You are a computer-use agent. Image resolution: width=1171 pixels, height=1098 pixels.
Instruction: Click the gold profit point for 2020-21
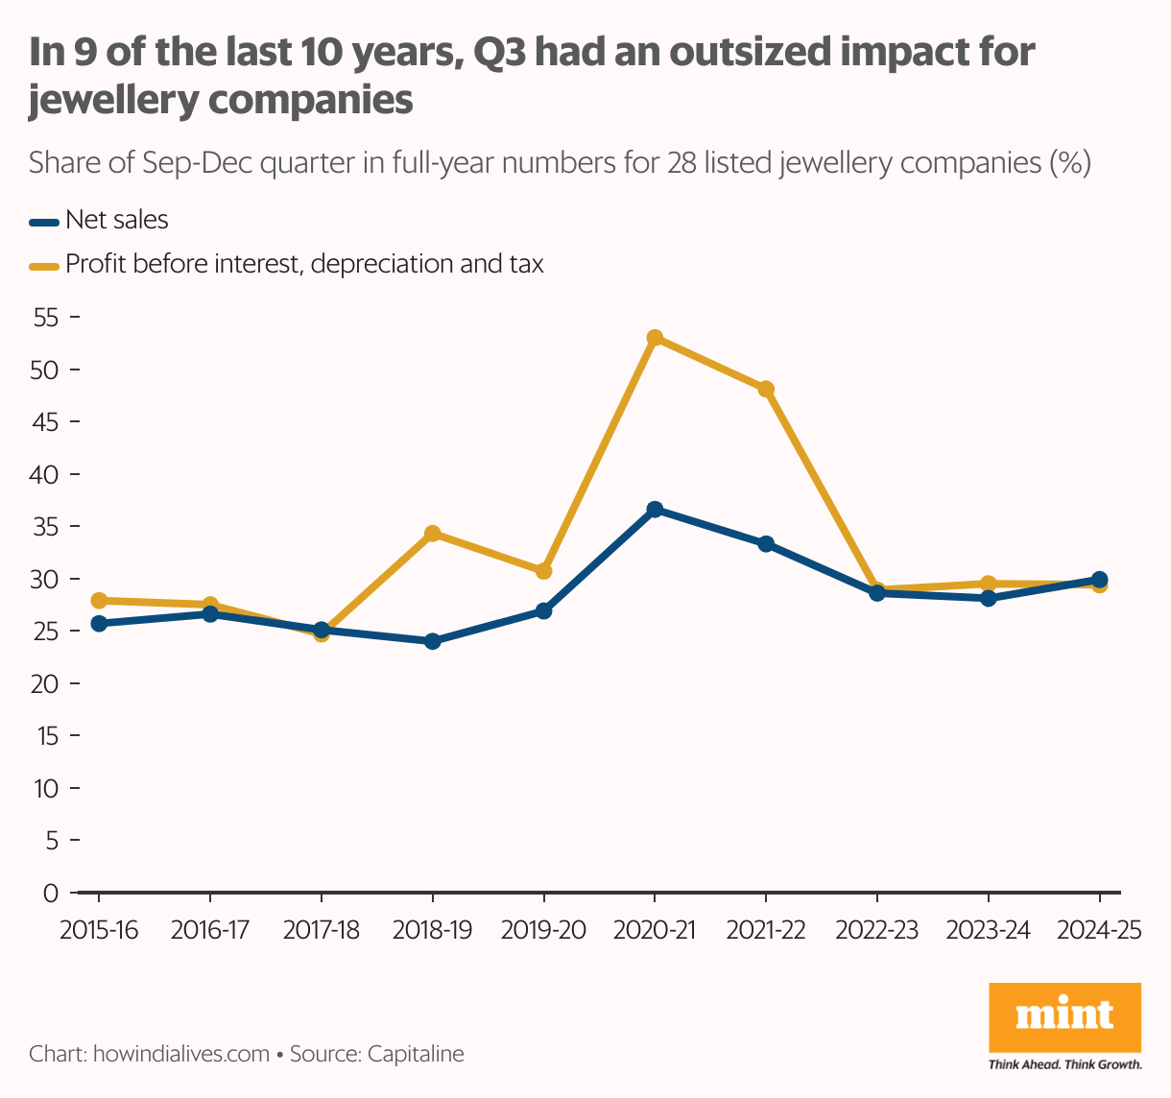tap(655, 338)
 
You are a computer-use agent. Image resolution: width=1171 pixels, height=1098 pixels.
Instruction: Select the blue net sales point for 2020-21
tap(655, 510)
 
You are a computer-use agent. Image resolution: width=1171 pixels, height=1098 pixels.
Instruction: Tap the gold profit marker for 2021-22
tap(766, 389)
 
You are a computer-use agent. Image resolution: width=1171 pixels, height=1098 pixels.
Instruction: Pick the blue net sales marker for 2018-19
tap(432, 641)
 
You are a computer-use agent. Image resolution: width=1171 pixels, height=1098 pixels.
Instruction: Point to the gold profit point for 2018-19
tap(432, 534)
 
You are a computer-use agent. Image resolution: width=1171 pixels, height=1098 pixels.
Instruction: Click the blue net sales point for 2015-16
tap(98, 624)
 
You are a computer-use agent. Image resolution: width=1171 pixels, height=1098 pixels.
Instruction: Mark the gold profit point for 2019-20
tap(543, 571)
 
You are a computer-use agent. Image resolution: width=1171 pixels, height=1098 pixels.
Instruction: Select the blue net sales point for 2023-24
tap(989, 598)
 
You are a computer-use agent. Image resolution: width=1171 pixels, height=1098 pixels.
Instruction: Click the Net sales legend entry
tap(116, 221)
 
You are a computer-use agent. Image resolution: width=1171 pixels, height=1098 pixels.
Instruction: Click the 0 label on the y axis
tap(51, 894)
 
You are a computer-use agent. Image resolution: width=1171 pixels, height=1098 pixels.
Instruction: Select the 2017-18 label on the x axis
tap(321, 931)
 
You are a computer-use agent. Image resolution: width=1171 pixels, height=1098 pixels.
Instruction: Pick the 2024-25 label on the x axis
tap(1099, 931)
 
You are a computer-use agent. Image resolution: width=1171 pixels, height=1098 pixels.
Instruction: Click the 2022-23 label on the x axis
tap(876, 931)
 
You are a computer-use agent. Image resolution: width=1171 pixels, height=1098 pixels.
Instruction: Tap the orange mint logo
tap(1064, 1016)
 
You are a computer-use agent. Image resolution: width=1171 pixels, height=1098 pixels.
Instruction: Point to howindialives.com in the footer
tap(180, 1054)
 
